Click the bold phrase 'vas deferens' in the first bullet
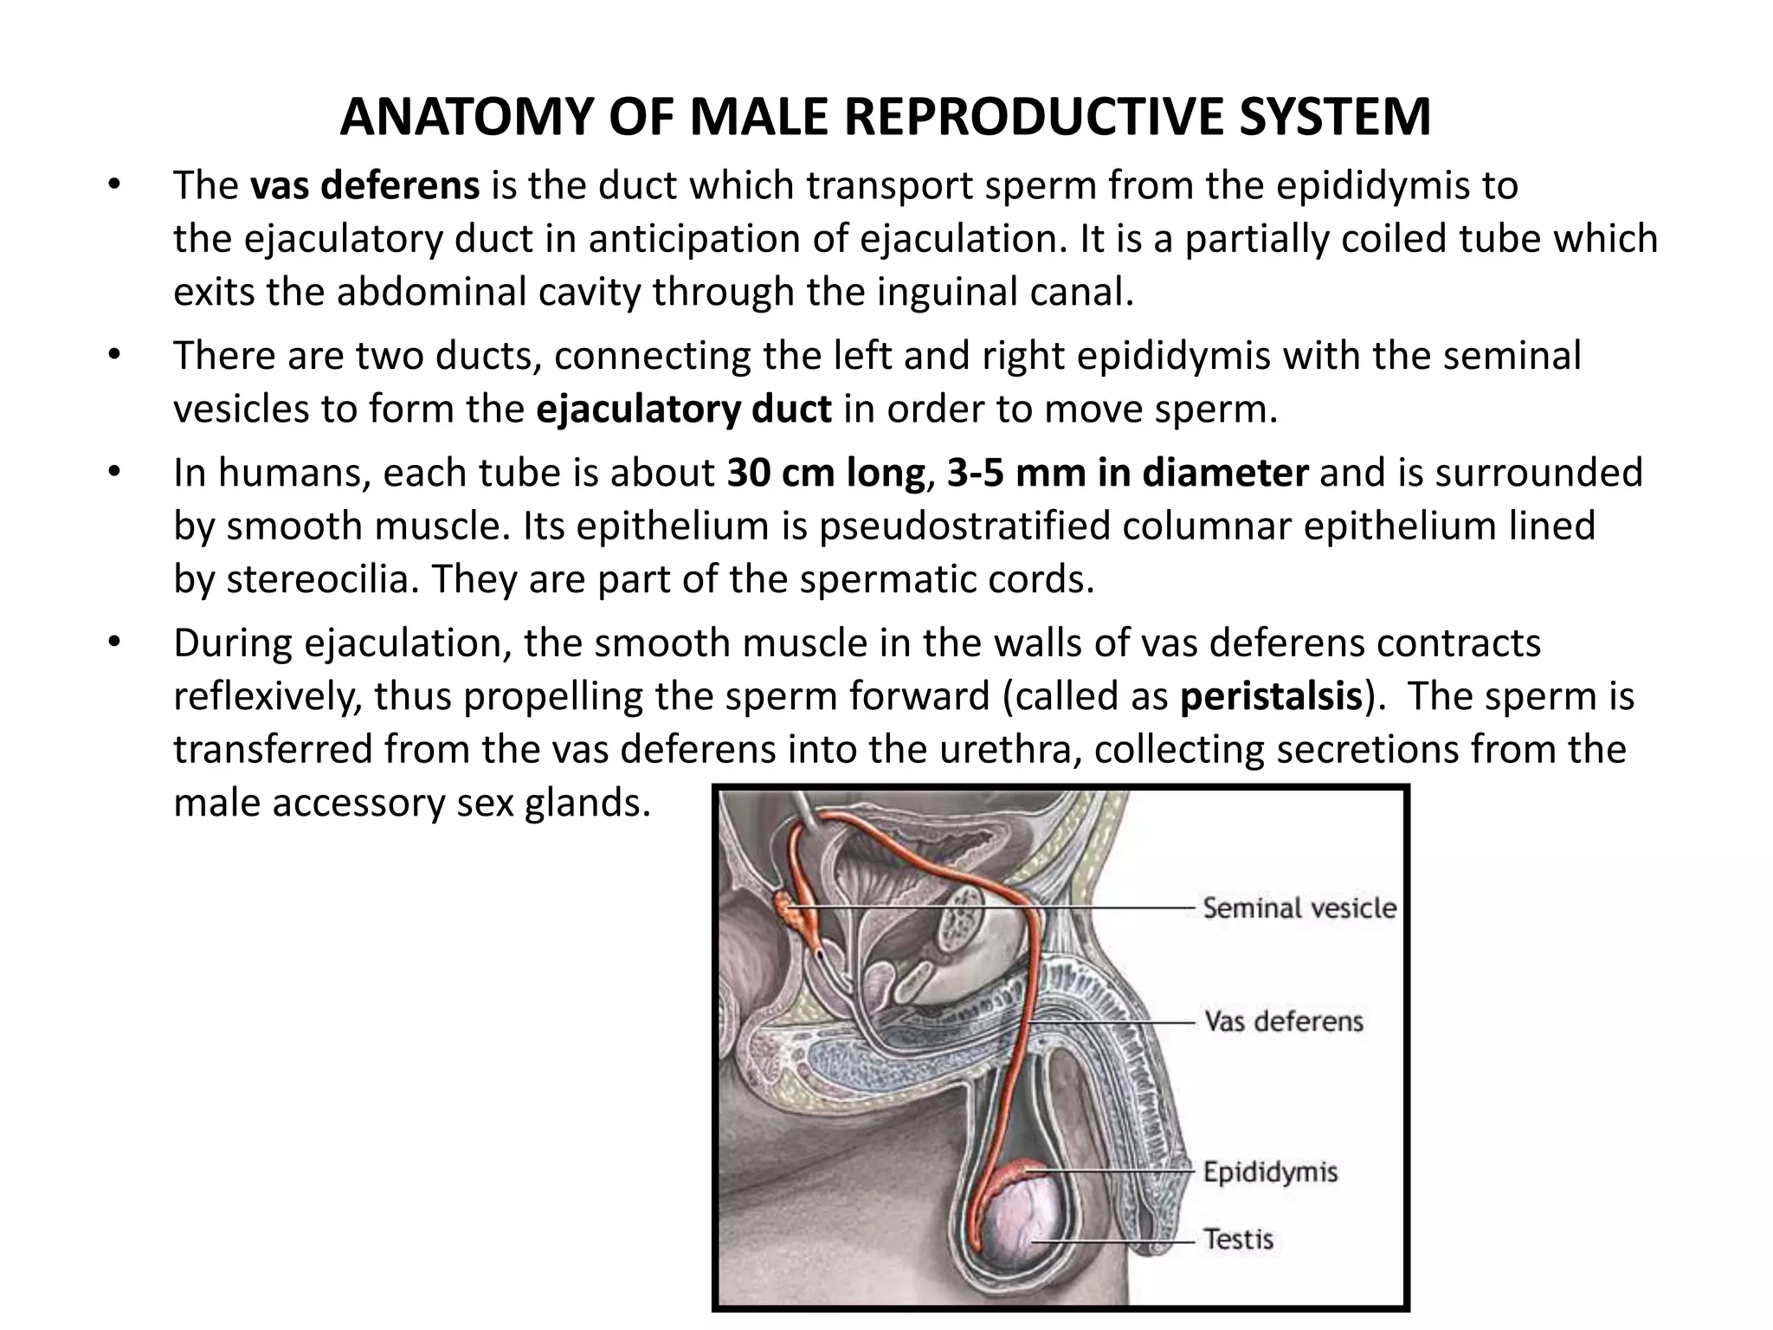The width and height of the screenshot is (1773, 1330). pos(364,186)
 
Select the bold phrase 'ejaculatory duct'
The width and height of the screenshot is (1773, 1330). pos(684,409)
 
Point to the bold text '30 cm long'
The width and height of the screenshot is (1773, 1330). pos(825,473)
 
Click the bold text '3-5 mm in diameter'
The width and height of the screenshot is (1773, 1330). pos(1127,473)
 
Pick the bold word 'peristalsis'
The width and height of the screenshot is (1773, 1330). pos(1271,696)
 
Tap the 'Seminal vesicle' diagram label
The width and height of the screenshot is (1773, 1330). pos(1299,907)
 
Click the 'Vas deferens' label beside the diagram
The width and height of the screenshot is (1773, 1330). pos(1283,1022)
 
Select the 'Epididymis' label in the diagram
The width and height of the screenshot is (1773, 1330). pos(1270,1172)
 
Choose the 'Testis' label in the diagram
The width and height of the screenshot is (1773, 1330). pos(1238,1239)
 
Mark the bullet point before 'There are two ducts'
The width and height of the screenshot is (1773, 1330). pos(113,356)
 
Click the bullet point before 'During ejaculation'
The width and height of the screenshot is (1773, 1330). pos(113,643)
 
